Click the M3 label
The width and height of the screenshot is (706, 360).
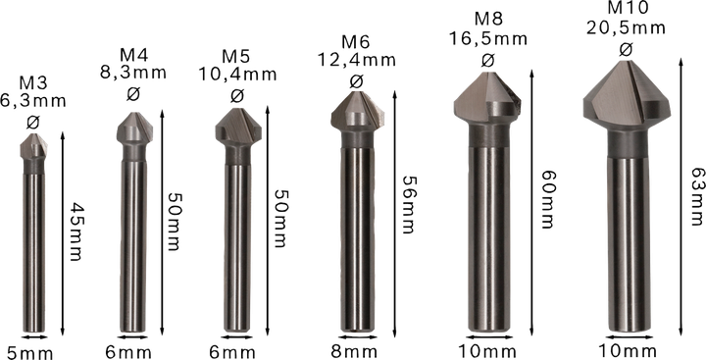[33, 83]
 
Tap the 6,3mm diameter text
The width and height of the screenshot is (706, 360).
[33, 100]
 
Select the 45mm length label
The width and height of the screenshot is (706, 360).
[76, 231]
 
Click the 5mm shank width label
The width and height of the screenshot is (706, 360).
[29, 353]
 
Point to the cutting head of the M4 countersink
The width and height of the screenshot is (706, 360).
[134, 131]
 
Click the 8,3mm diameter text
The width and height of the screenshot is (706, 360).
[133, 72]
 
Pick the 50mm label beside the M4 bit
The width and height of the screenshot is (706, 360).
[173, 222]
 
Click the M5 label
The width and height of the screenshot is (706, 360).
[236, 57]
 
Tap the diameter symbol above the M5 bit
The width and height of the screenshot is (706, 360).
[237, 95]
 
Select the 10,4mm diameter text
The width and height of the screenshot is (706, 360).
[237, 74]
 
